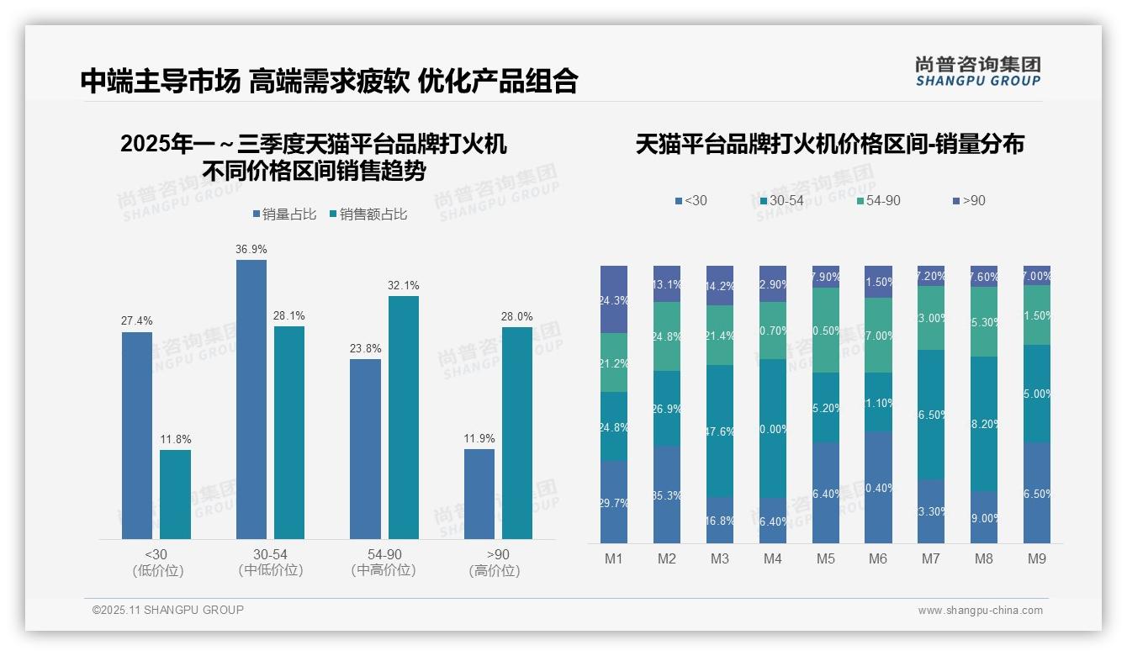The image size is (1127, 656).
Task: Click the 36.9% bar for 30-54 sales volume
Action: (x=251, y=399)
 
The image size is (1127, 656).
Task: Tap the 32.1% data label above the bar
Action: (x=403, y=285)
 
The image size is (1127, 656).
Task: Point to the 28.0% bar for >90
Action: (x=517, y=432)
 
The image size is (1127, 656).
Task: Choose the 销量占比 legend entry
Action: (x=283, y=214)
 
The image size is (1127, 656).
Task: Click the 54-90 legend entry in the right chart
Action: (x=878, y=201)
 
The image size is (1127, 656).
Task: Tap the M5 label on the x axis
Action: (x=825, y=559)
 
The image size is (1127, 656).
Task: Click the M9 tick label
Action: (x=1036, y=559)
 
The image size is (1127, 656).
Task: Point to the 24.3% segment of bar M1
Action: (x=614, y=299)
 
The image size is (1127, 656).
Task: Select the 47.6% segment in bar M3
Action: (x=720, y=431)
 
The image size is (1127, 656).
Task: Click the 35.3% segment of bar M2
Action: (x=667, y=494)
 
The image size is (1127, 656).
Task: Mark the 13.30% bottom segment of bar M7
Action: (x=931, y=511)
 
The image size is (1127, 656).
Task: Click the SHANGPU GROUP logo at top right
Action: (x=977, y=71)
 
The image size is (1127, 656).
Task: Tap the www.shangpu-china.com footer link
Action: (x=980, y=611)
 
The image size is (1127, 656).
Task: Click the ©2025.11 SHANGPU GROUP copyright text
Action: (x=168, y=610)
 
